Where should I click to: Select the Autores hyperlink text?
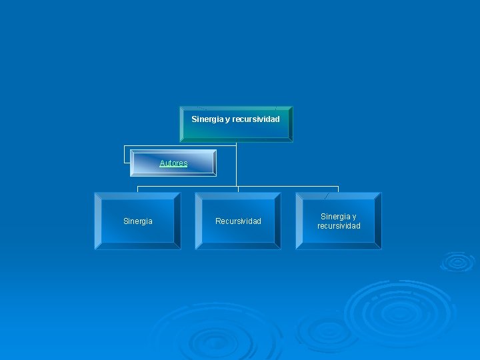[173, 163]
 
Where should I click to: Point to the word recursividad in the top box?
[256, 119]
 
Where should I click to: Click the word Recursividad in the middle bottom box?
[238, 221]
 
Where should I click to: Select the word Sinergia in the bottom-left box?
[138, 221]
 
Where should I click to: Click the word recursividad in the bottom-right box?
[339, 226]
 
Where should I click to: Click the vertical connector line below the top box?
[236, 167]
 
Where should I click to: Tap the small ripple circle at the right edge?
[457, 261]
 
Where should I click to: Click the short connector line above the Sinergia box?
[137, 189]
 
